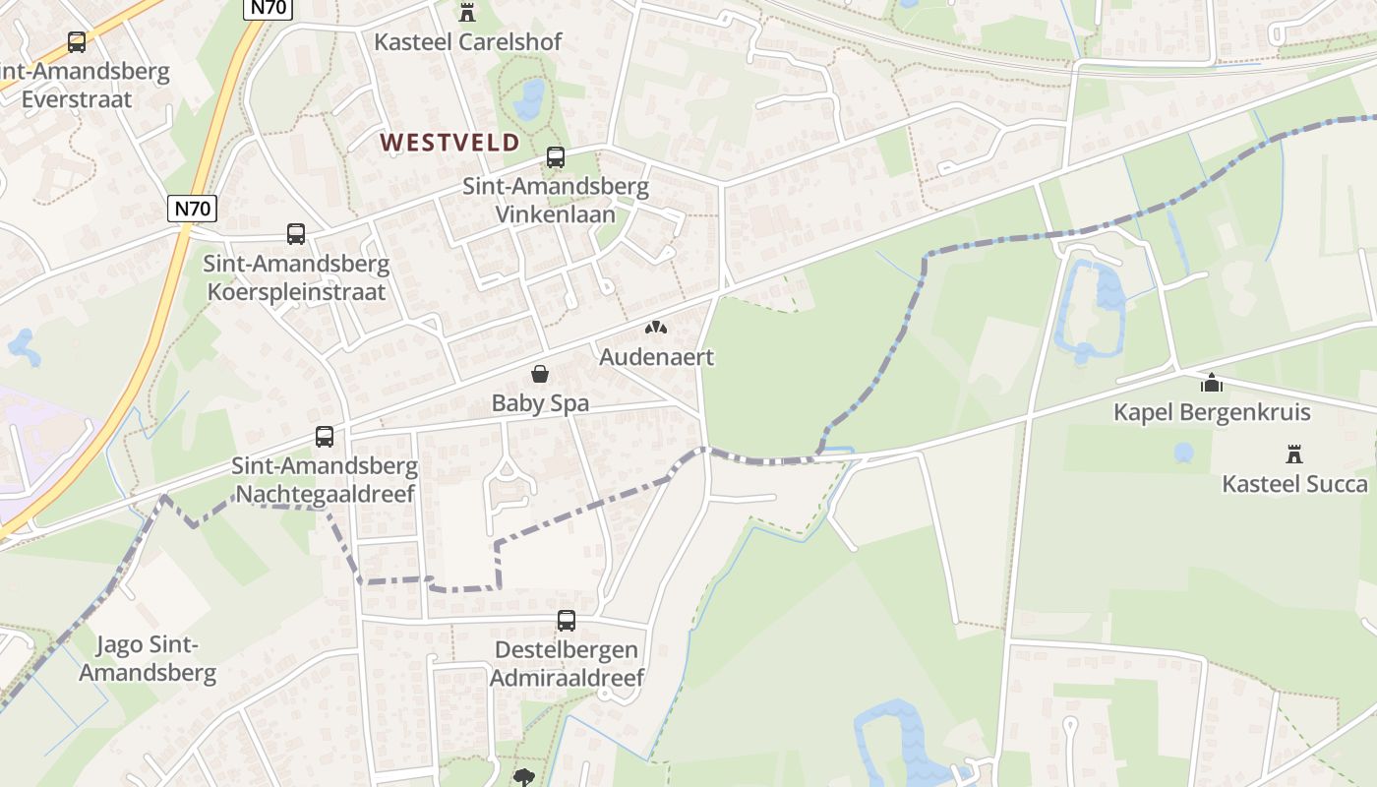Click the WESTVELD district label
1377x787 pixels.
click(449, 143)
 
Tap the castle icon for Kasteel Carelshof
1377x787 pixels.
click(466, 14)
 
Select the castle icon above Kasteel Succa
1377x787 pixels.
click(1294, 454)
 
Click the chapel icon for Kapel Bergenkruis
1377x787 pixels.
click(1212, 383)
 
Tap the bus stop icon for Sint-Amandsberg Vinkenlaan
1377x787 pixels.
click(556, 157)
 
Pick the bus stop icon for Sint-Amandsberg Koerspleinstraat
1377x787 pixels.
click(296, 234)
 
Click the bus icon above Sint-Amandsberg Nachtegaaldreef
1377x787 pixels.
click(325, 437)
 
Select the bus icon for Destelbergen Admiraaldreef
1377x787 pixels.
click(567, 621)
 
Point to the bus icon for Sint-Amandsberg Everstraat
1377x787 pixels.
click(77, 42)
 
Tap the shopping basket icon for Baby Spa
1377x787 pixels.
click(540, 374)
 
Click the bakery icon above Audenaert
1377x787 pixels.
click(656, 328)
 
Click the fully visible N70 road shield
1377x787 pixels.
click(192, 209)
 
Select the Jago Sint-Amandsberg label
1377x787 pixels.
click(148, 659)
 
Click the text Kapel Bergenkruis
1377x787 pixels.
click(1212, 411)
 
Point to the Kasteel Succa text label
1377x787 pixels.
click(1294, 483)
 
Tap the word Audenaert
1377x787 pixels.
click(656, 356)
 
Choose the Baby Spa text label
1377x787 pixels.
click(540, 402)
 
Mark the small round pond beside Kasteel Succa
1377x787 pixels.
click(1184, 453)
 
